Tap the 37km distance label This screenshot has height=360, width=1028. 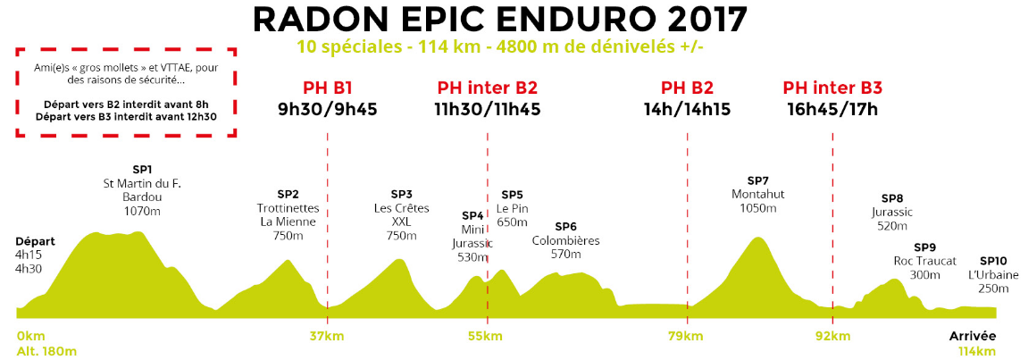pyautogui.click(x=328, y=337)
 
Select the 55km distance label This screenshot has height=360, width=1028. pyautogui.click(x=485, y=337)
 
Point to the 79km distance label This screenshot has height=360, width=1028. pyautogui.click(x=687, y=337)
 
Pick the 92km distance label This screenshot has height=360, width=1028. pyautogui.click(x=832, y=337)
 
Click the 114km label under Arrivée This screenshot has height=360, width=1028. pyautogui.click(x=976, y=351)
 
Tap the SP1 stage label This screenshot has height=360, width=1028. pyautogui.click(x=143, y=169)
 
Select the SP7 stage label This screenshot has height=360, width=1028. pyautogui.click(x=757, y=180)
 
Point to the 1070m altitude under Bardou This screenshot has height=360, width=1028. pyautogui.click(x=143, y=212)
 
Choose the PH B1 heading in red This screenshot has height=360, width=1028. pyautogui.click(x=328, y=88)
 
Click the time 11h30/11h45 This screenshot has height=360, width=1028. pyautogui.click(x=487, y=110)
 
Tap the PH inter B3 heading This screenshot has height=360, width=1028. pyautogui.click(x=832, y=88)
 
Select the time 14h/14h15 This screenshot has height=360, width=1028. pyautogui.click(x=687, y=110)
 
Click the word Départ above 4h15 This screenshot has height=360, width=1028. pyautogui.click(x=36, y=241)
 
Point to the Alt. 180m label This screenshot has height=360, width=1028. pyautogui.click(x=46, y=351)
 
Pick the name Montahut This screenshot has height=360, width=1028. pyautogui.click(x=757, y=195)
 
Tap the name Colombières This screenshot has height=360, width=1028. pyautogui.click(x=565, y=241)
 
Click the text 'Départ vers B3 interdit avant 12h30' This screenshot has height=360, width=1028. pyautogui.click(x=126, y=117)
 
